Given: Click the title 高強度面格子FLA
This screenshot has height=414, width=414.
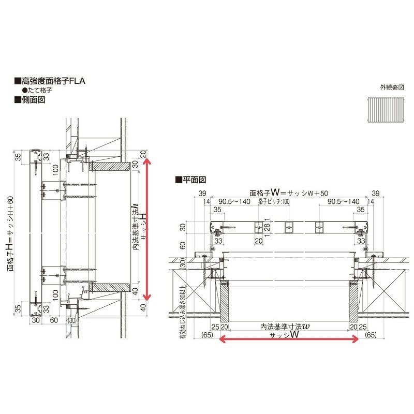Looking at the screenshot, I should pyautogui.click(x=49, y=81).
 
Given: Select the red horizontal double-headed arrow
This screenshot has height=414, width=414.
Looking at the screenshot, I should pyautogui.click(x=289, y=339).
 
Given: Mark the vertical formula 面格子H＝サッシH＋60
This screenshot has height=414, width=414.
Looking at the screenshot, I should pyautogui.click(x=10, y=233).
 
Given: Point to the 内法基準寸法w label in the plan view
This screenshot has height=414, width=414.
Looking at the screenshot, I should pyautogui.click(x=289, y=327).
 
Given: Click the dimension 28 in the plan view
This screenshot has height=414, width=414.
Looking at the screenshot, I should pyautogui.click(x=267, y=227).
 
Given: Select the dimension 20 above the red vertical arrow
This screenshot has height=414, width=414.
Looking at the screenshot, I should pyautogui.click(x=143, y=153).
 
